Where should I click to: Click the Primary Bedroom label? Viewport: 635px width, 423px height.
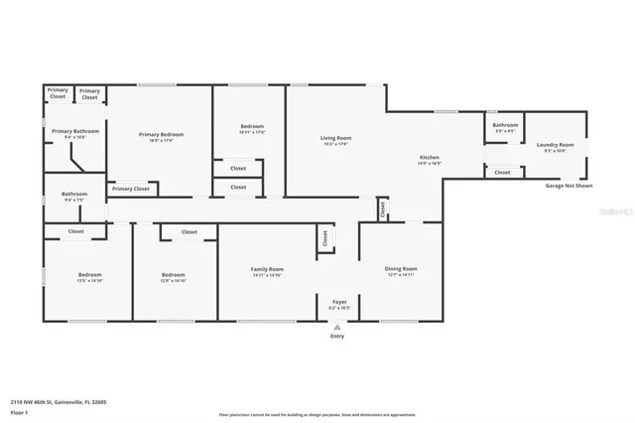tap(161, 135)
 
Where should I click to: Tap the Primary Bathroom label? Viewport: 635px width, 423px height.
tap(75, 132)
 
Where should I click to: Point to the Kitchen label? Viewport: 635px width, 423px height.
tap(429, 158)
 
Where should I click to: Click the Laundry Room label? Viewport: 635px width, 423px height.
tap(554, 145)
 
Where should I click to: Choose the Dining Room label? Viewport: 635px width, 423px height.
tap(401, 269)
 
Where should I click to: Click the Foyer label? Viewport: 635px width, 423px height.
tap(338, 303)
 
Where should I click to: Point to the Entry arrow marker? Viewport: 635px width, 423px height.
tap(337, 326)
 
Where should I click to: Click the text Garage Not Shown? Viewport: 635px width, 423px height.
tap(569, 186)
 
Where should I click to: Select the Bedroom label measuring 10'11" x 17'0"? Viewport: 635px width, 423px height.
tap(252, 127)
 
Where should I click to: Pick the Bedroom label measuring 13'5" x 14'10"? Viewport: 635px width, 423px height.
tap(90, 275)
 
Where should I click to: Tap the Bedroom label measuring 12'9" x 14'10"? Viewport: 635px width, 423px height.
tap(174, 275)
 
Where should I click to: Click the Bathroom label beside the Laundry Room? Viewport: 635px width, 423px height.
tap(505, 125)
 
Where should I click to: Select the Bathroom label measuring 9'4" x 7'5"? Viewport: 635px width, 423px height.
tap(74, 195)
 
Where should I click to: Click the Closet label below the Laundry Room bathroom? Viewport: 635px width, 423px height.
tap(502, 172)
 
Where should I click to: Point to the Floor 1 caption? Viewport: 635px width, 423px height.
tap(20, 411)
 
